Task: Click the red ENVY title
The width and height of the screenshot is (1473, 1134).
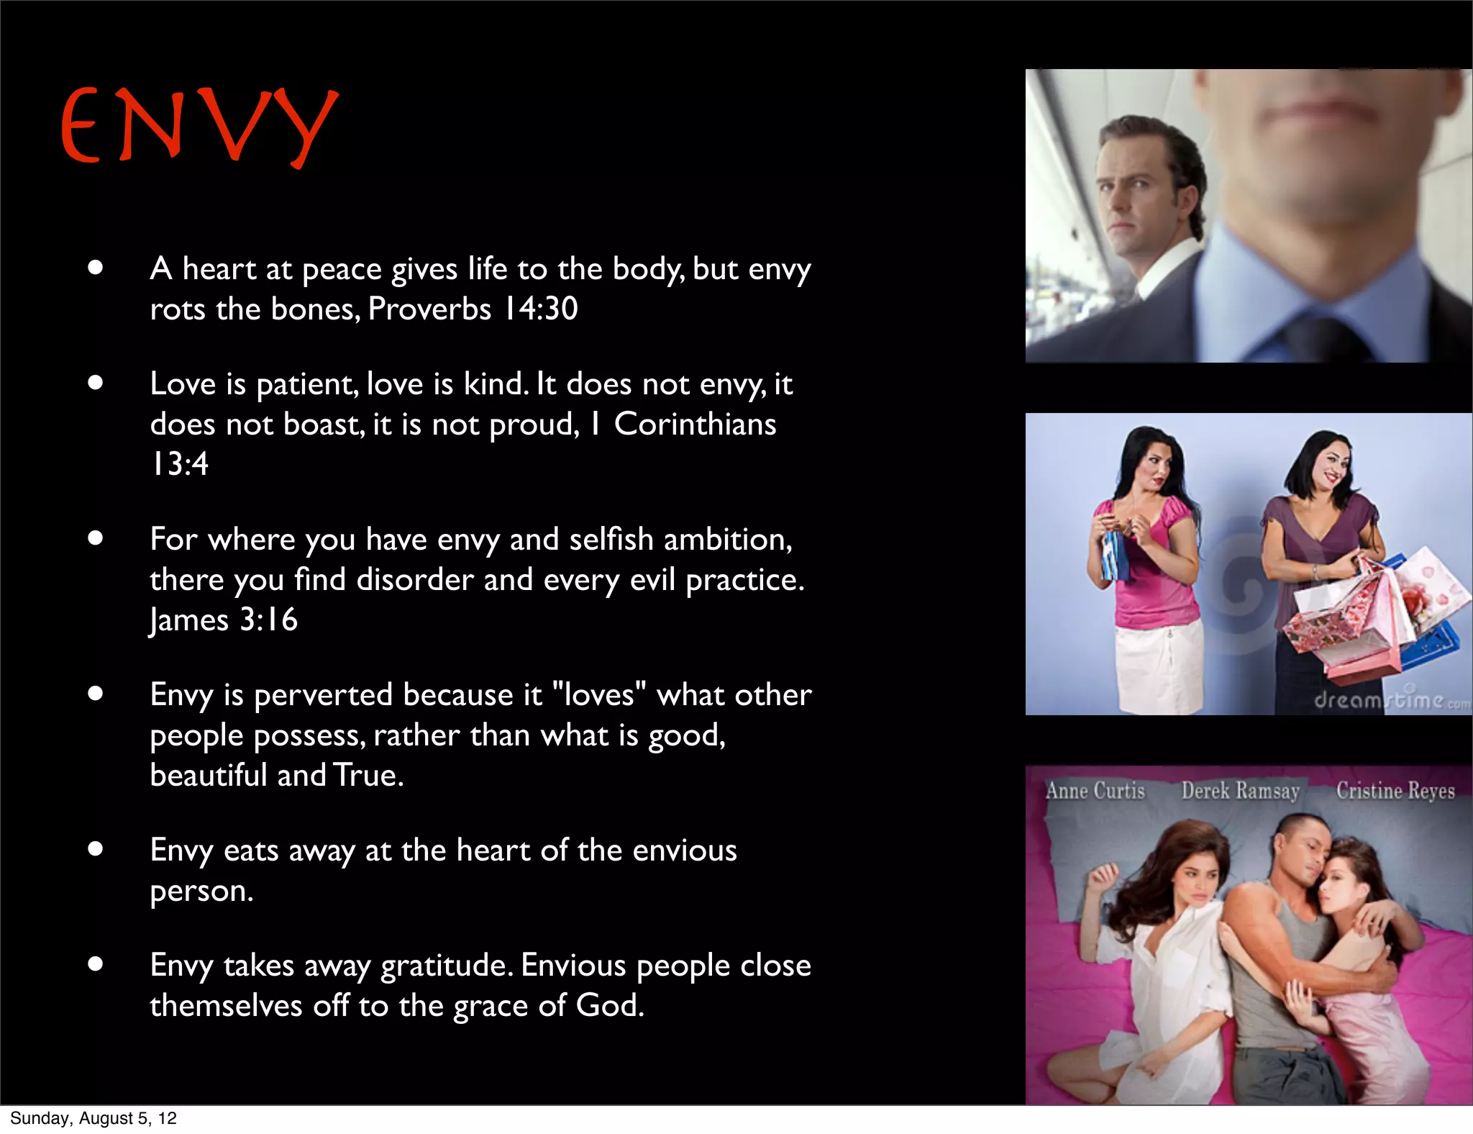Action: tap(199, 127)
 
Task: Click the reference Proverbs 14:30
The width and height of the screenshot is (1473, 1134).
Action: tap(473, 309)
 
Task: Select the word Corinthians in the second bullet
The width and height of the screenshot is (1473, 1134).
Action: tap(695, 424)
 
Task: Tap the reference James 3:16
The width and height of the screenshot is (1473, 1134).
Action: tap(224, 620)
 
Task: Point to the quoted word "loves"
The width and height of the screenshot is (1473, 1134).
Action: tap(598, 695)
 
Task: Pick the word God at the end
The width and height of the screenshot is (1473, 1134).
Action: tap(608, 1005)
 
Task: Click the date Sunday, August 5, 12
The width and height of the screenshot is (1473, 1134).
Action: tap(94, 1118)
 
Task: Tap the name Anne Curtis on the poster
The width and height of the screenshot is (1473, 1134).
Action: tap(1095, 791)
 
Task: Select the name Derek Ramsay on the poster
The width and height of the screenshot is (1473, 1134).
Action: tap(1240, 791)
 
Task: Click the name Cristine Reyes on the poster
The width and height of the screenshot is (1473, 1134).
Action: tap(1395, 791)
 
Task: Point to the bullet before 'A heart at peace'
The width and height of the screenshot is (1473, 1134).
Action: tap(96, 268)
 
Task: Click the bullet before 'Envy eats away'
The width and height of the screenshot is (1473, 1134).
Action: tap(96, 849)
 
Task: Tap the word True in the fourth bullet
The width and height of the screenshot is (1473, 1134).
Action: tap(368, 776)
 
